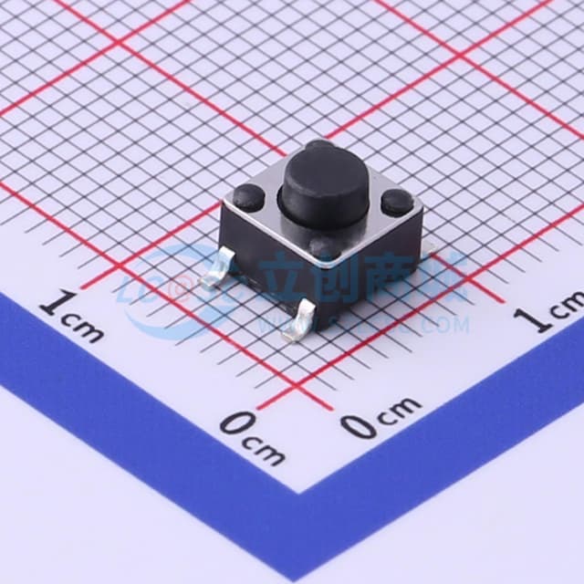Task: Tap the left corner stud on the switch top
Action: click(x=248, y=196)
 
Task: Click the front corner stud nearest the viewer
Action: click(x=324, y=247)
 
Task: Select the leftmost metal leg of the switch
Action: click(x=214, y=274)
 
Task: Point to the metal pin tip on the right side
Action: click(x=430, y=252)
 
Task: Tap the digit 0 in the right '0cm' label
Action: click(x=357, y=423)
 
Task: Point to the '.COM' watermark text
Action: click(x=445, y=324)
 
